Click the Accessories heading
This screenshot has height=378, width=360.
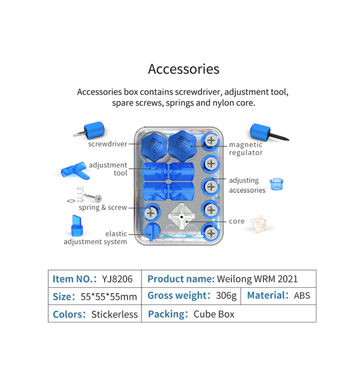point(183,69)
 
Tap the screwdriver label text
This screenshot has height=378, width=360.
point(108,144)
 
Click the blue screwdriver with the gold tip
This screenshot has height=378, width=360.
point(90,131)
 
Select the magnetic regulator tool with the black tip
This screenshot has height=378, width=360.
point(269,133)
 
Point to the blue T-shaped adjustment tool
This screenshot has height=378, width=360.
point(75,171)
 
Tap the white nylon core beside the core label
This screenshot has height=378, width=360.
point(260,224)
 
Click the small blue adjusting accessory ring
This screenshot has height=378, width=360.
point(276,184)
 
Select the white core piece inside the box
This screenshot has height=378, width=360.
point(181,216)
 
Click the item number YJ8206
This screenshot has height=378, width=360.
point(117,279)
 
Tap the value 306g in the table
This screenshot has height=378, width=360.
point(226,296)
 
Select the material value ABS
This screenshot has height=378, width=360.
point(302,296)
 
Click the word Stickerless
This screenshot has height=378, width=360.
point(115,314)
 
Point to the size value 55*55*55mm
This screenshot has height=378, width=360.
point(109,297)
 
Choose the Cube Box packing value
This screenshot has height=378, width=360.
point(214,314)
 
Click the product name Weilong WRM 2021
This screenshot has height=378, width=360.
point(257,279)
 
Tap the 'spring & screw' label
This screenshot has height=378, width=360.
point(103,207)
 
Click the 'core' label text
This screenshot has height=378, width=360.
point(236,221)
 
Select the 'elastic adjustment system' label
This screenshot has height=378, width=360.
point(95,238)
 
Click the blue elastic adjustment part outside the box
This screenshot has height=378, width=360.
point(77,226)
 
